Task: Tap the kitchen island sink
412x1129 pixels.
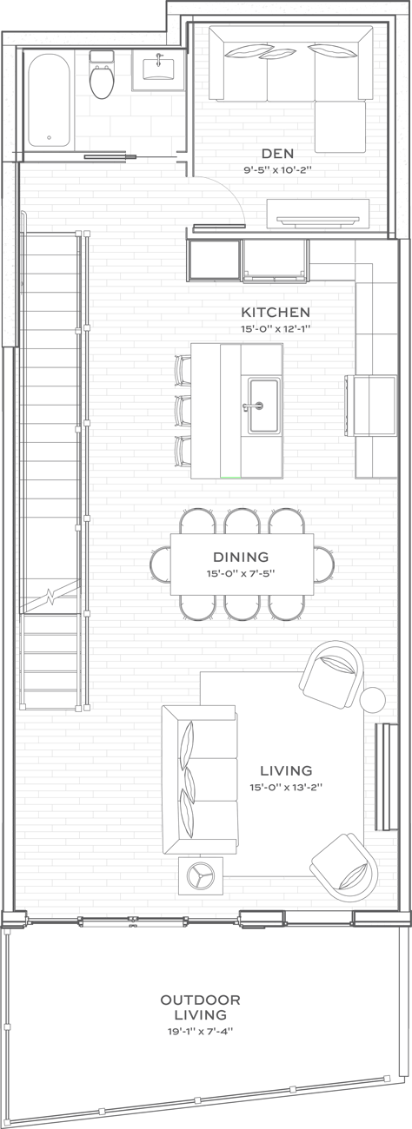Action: [262, 404]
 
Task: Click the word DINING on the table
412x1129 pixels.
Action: [241, 557]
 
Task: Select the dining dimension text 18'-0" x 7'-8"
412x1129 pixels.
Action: [241, 574]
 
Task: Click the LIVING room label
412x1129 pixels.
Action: [286, 770]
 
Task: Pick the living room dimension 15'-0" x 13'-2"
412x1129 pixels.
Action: [286, 788]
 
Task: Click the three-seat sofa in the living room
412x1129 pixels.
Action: [200, 777]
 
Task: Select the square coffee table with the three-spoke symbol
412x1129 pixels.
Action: [201, 875]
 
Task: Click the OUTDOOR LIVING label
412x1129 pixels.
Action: [200, 1007]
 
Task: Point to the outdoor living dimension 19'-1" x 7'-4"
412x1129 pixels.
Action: [200, 1031]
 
